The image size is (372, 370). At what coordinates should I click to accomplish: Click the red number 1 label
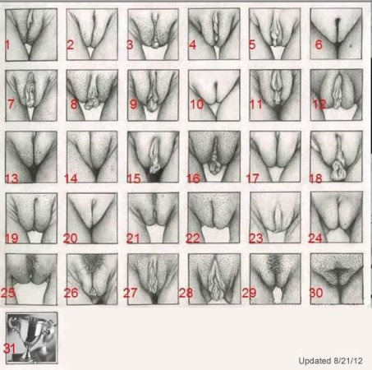click(x=7, y=44)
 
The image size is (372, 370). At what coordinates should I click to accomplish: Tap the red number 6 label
click(x=319, y=44)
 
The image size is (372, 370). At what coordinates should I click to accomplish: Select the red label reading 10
click(x=197, y=104)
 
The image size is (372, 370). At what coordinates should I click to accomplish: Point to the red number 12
click(x=319, y=104)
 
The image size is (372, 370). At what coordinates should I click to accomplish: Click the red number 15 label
click(x=134, y=178)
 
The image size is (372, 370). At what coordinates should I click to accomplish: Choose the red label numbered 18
click(x=315, y=178)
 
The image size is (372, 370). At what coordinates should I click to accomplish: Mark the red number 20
click(x=71, y=238)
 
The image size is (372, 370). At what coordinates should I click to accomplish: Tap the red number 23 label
click(x=256, y=238)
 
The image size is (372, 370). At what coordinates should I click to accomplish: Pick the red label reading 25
click(x=7, y=293)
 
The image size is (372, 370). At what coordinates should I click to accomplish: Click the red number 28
click(x=186, y=293)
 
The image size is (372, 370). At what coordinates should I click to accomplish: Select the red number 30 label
click(x=316, y=293)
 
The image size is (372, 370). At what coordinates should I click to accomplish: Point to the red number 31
click(x=9, y=349)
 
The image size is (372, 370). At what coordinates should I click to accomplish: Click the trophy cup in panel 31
click(x=30, y=337)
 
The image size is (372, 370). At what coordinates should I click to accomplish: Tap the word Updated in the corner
click(x=315, y=361)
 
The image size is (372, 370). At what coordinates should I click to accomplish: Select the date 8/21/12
click(x=347, y=361)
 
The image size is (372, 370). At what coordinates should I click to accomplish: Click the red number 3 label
click(x=130, y=44)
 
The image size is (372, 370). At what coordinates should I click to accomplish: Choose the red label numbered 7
click(x=11, y=104)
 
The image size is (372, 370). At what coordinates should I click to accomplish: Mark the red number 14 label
click(x=71, y=178)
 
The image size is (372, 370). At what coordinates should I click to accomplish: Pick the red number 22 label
click(x=193, y=238)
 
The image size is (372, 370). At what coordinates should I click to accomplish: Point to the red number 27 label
click(x=130, y=293)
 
